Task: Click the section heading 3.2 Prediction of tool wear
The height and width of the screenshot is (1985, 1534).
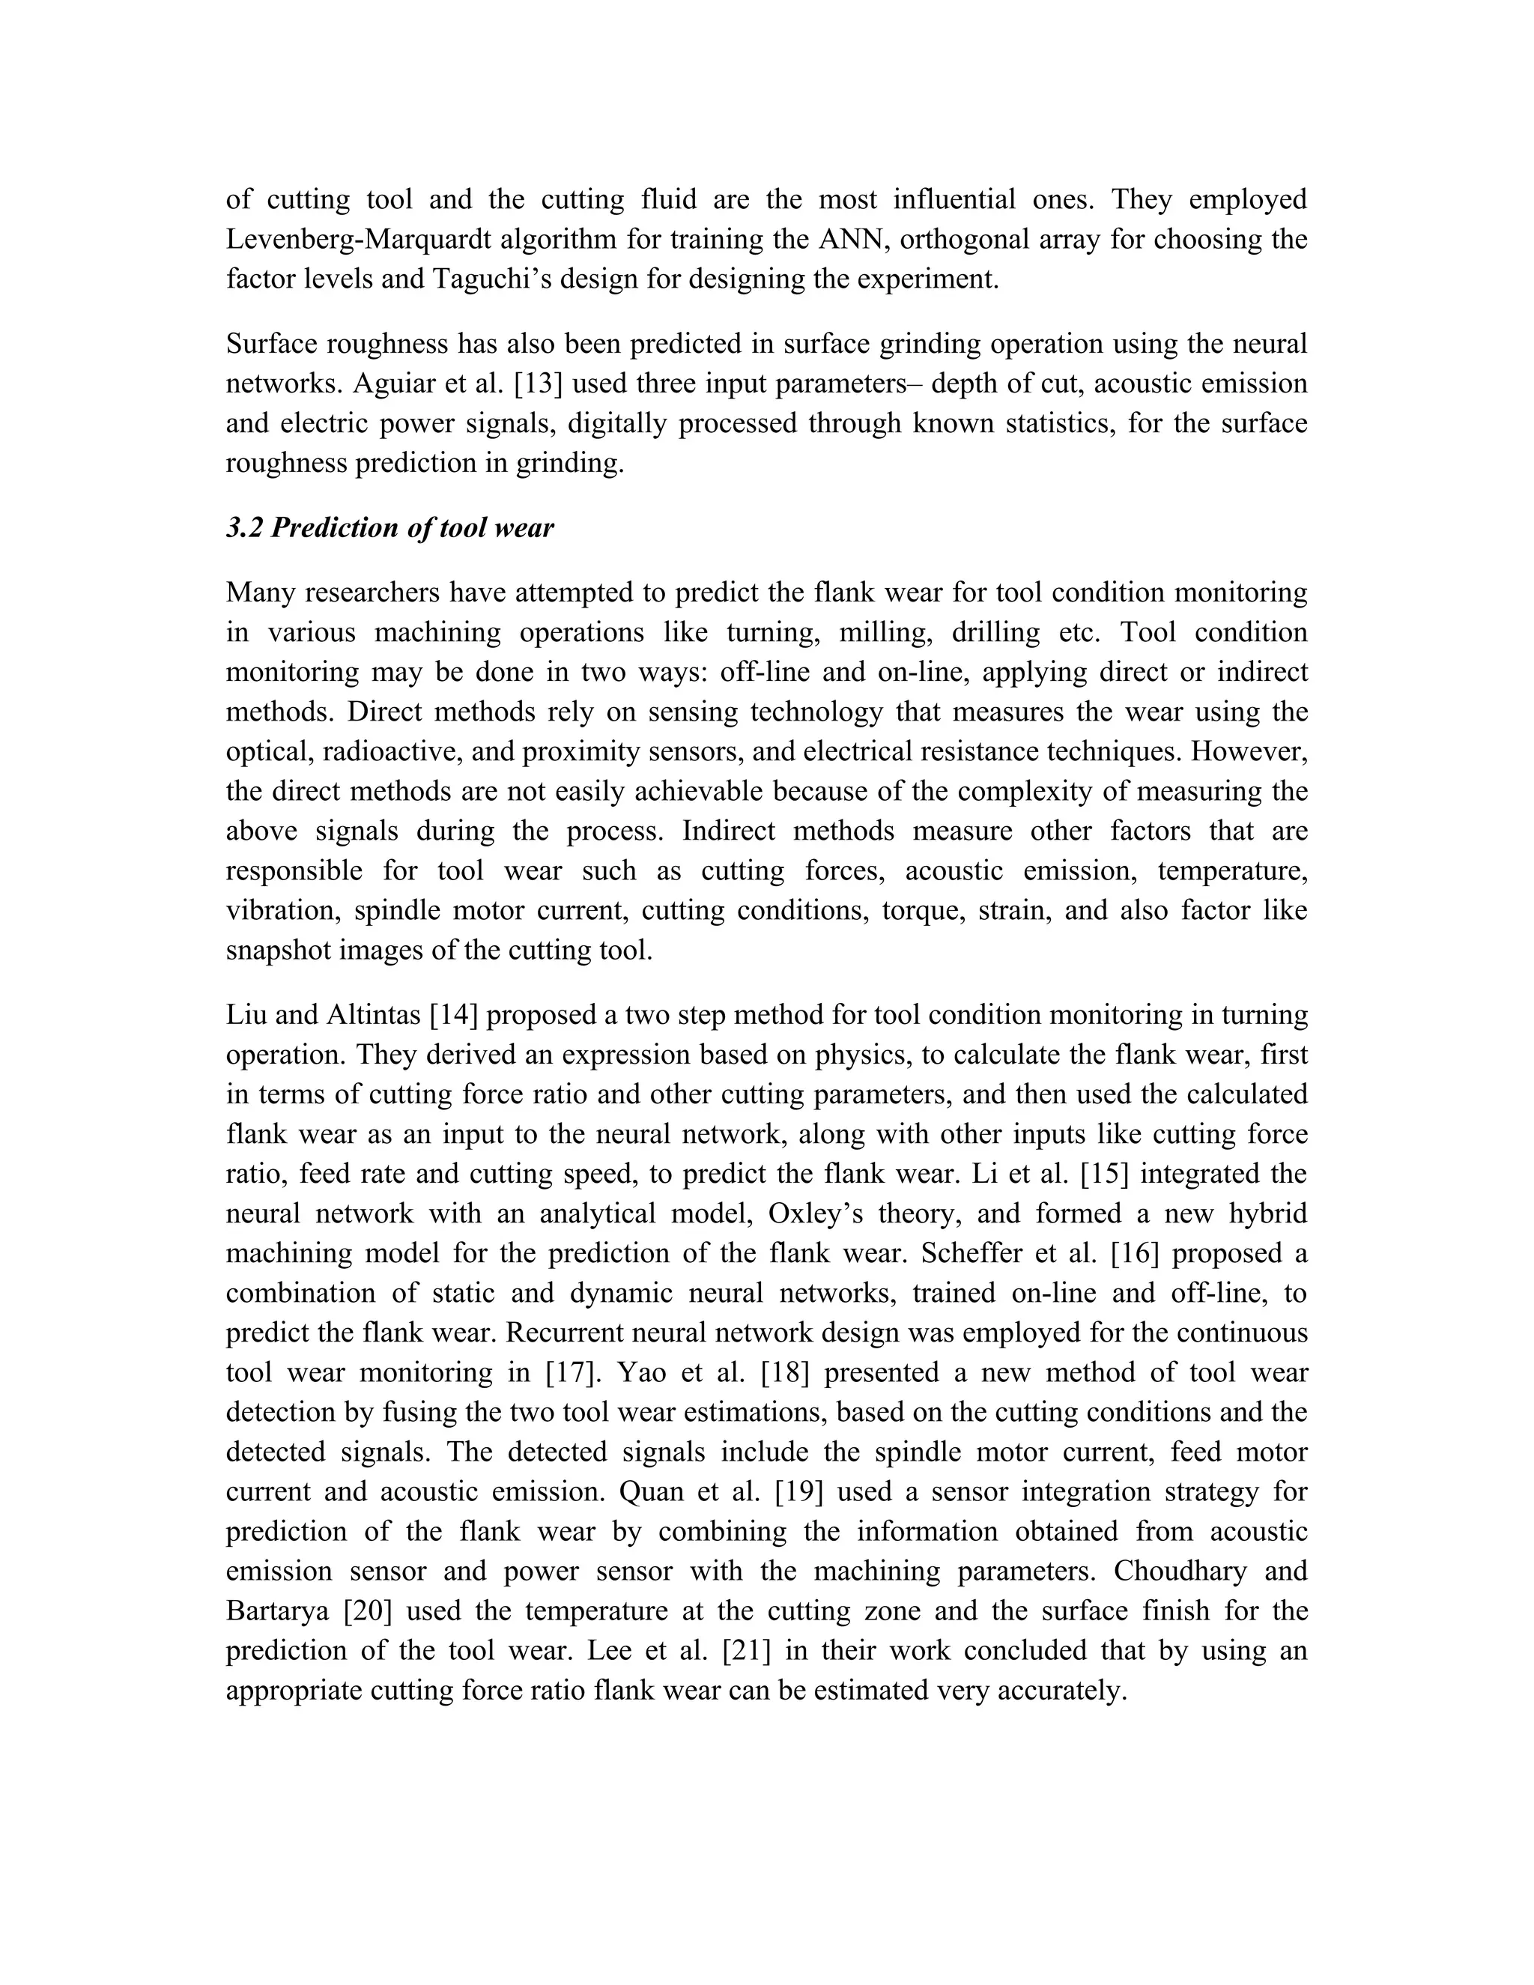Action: coord(389,528)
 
